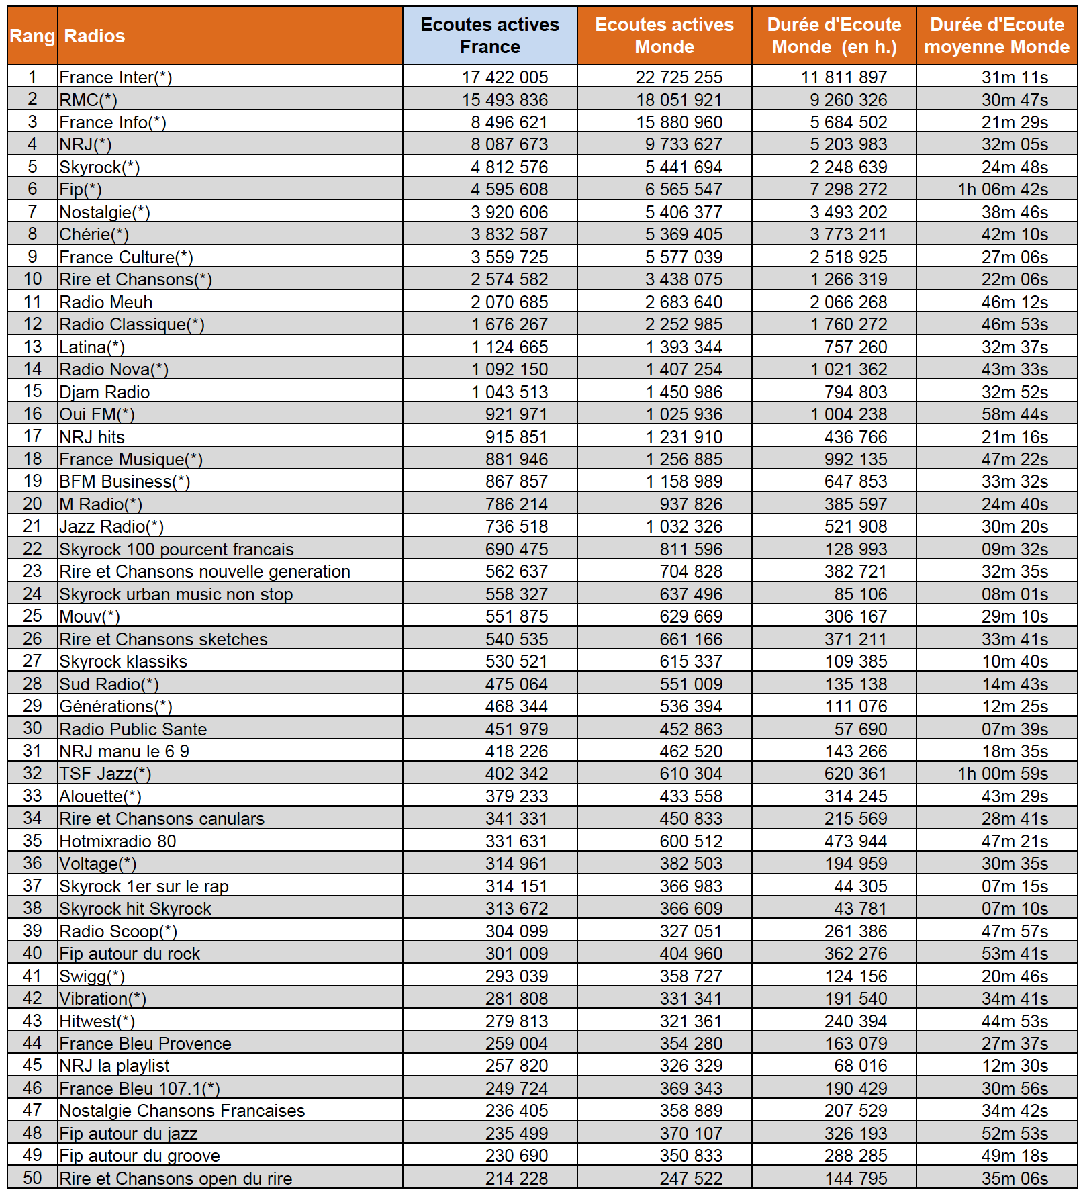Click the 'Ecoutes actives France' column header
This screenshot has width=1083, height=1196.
tap(489, 36)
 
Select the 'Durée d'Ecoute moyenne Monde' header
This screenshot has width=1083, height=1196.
tap(996, 36)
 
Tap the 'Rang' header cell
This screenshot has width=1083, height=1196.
tap(32, 36)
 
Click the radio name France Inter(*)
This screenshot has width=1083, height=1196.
tap(115, 77)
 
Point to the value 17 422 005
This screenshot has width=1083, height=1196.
tap(504, 77)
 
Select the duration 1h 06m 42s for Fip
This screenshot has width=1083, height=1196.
tap(1002, 189)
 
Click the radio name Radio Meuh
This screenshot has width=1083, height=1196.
tap(106, 302)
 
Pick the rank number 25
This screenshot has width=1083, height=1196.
tap(32, 616)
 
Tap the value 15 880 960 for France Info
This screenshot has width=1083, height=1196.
tap(679, 122)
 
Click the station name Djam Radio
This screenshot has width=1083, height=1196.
tap(105, 392)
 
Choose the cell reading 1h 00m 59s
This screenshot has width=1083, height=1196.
tap(1002, 774)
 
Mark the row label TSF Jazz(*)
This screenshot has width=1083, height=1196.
tap(105, 774)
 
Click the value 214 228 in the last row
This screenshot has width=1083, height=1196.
tap(516, 1178)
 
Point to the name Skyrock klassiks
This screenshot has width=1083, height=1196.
tap(124, 661)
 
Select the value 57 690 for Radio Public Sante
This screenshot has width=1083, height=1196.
tap(860, 729)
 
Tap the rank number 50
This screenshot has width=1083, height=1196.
tap(32, 1177)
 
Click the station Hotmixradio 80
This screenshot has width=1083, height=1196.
tap(118, 841)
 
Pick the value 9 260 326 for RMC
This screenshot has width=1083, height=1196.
tap(848, 100)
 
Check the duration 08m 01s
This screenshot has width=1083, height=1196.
tap(1015, 594)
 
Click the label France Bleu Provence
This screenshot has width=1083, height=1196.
tap(146, 1044)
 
